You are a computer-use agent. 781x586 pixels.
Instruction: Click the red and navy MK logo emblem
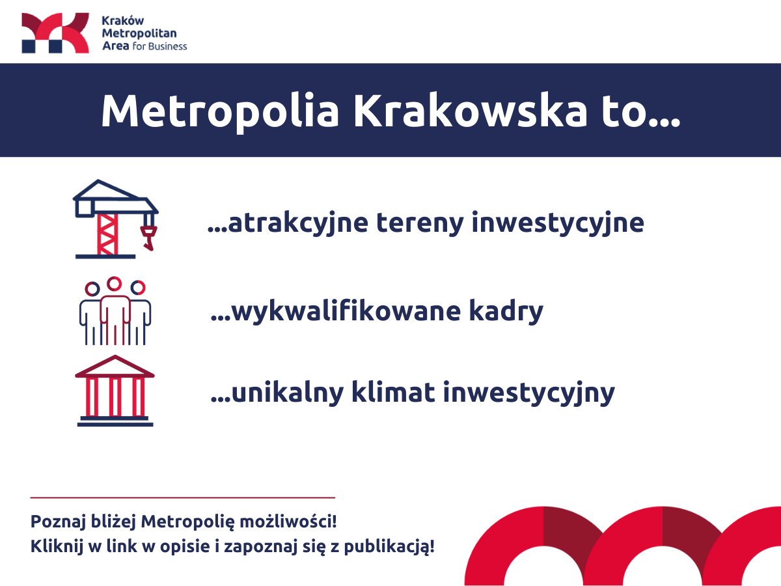pyautogui.click(x=55, y=33)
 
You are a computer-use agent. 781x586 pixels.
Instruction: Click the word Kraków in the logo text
pyautogui.click(x=123, y=21)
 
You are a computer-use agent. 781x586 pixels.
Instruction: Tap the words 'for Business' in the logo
pyautogui.click(x=159, y=46)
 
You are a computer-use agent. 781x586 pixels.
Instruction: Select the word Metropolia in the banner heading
pyautogui.click(x=220, y=110)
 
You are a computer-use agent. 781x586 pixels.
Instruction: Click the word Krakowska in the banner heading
pyautogui.click(x=470, y=110)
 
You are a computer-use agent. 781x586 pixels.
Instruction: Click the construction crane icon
pyautogui.click(x=116, y=219)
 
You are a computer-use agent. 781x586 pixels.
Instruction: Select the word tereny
pyautogui.click(x=420, y=223)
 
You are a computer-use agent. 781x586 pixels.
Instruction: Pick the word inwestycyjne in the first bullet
pyautogui.click(x=558, y=223)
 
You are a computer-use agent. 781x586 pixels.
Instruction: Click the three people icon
pyautogui.click(x=115, y=311)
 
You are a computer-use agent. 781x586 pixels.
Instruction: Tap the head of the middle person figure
pyautogui.click(x=114, y=284)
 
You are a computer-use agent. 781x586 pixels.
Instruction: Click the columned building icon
pyautogui.click(x=115, y=391)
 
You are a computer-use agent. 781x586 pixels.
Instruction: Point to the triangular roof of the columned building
pyautogui.click(x=115, y=366)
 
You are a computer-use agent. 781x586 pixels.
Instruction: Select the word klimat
pyautogui.click(x=393, y=392)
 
